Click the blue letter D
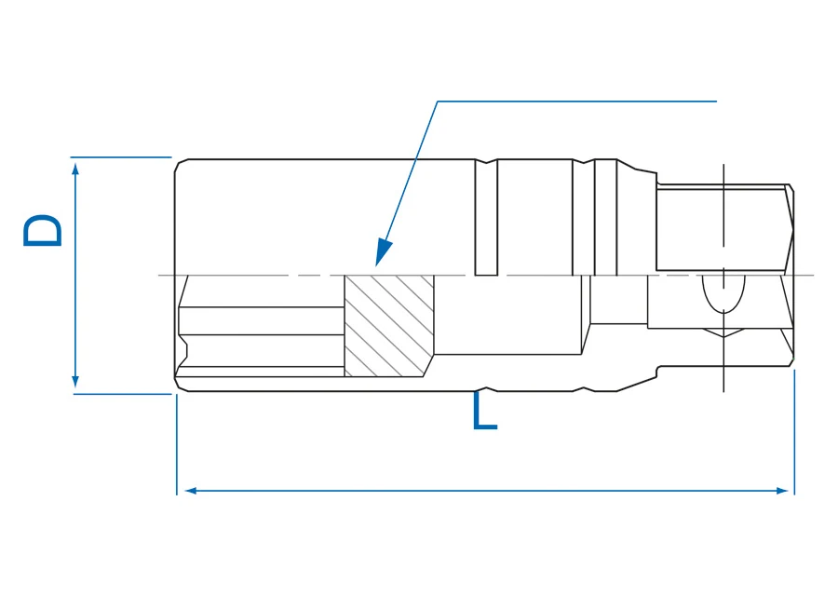point(42,230)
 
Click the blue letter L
point(485,411)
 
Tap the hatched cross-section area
point(388,326)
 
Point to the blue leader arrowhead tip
point(376,265)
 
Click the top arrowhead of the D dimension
point(75,169)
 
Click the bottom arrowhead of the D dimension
point(75,382)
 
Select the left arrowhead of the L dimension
point(190,490)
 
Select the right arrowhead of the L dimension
point(781,490)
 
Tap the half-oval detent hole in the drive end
point(723,293)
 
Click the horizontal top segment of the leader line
point(576,101)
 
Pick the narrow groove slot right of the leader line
point(486,218)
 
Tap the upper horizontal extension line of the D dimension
point(121,157)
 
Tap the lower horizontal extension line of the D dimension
point(122,394)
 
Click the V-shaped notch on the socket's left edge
point(183,351)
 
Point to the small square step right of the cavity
point(618,299)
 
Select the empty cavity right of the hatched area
point(507,315)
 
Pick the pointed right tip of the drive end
point(793,231)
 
